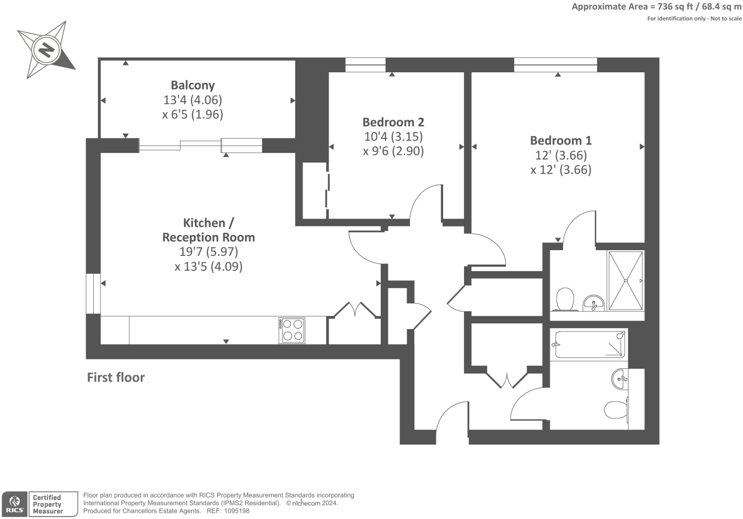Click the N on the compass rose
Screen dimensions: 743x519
click(46, 50)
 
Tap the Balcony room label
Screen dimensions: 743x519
click(193, 85)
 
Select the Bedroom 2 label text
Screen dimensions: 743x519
click(393, 122)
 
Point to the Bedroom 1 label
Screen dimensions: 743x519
click(561, 140)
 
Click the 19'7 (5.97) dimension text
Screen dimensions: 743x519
click(209, 252)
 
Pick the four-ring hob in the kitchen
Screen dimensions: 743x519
click(292, 331)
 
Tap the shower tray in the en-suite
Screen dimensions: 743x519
click(626, 281)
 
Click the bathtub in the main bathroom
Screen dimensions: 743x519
click(589, 344)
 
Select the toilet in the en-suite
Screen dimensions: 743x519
click(565, 299)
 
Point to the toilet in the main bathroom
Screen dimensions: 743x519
click(616, 410)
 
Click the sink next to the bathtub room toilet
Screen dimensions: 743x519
click(620, 378)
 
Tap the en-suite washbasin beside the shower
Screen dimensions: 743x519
click(593, 303)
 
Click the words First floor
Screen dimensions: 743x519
click(116, 377)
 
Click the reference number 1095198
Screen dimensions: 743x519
click(236, 511)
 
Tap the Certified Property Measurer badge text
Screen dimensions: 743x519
click(47, 504)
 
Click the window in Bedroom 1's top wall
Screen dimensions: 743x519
click(555, 65)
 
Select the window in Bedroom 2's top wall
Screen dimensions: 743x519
click(366, 65)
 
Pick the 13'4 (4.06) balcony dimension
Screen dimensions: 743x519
click(193, 100)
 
